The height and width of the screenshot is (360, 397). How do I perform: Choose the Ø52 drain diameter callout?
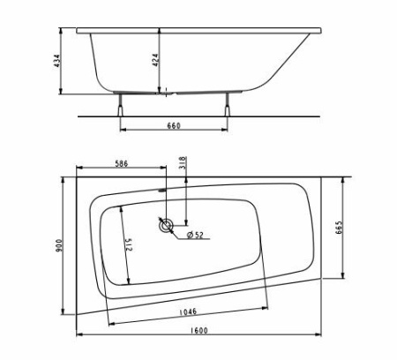[195, 234]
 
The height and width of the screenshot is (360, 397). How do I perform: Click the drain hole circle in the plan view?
[165, 226]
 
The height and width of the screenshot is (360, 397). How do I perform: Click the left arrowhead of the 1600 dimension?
[78, 336]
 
